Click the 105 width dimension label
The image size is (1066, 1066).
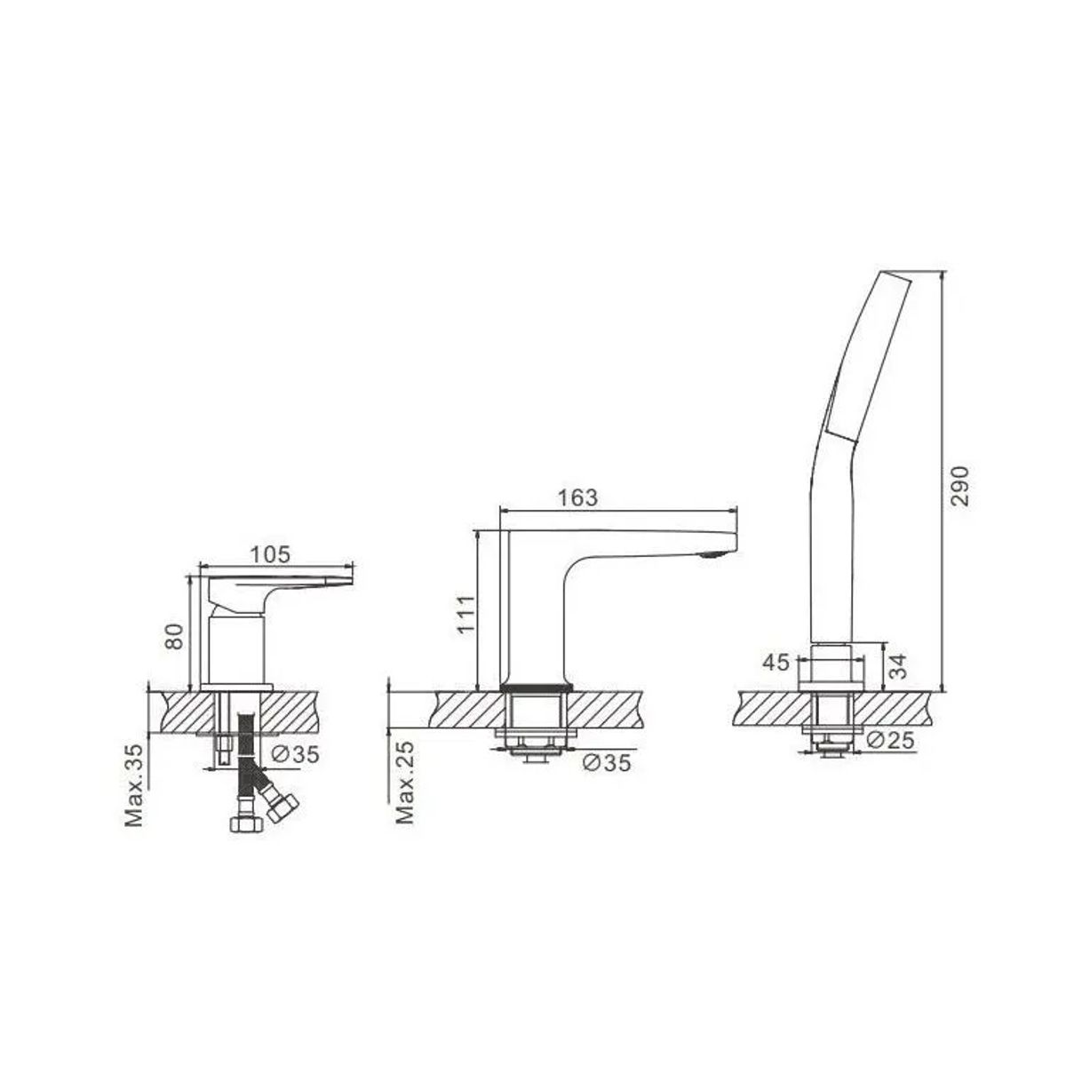pos(270,554)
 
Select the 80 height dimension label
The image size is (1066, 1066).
pos(174,637)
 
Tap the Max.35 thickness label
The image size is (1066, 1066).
pos(134,785)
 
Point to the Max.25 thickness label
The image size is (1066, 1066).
pos(405,784)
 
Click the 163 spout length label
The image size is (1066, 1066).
pos(577,497)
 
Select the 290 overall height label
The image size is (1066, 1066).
pos(961,486)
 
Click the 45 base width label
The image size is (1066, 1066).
pos(776,662)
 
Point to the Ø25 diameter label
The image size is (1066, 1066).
pos(890,740)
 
